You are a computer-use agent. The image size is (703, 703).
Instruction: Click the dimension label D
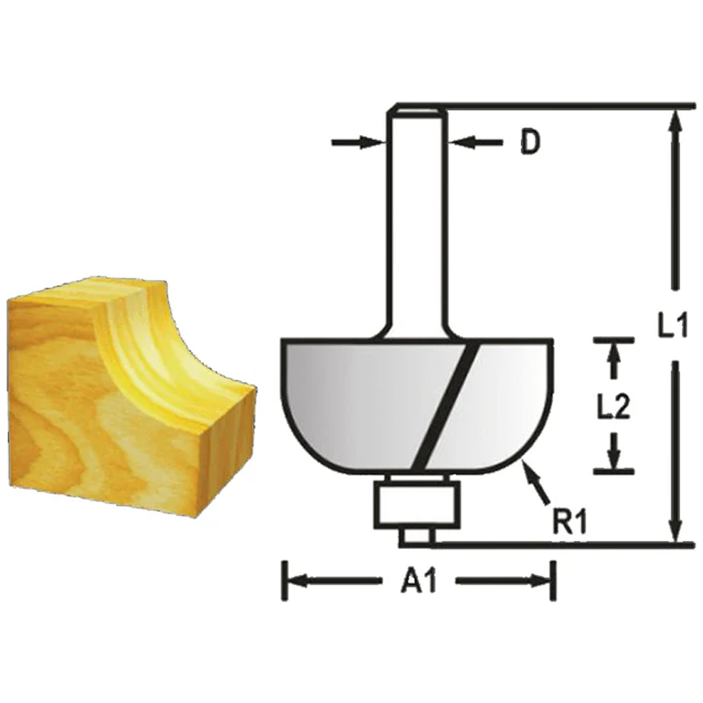coord(529,143)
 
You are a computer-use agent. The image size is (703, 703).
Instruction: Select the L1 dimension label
coord(672,327)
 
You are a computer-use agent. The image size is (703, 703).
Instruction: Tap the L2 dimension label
coord(613,408)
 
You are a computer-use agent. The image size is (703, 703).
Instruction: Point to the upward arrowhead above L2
coord(614,354)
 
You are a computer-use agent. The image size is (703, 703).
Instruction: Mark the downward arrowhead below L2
coord(614,457)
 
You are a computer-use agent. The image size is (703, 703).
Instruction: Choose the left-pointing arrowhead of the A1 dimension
coord(296,582)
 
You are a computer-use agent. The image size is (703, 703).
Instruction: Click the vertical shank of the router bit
coord(416,228)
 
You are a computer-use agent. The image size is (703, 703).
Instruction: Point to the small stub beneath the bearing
coord(416,536)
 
